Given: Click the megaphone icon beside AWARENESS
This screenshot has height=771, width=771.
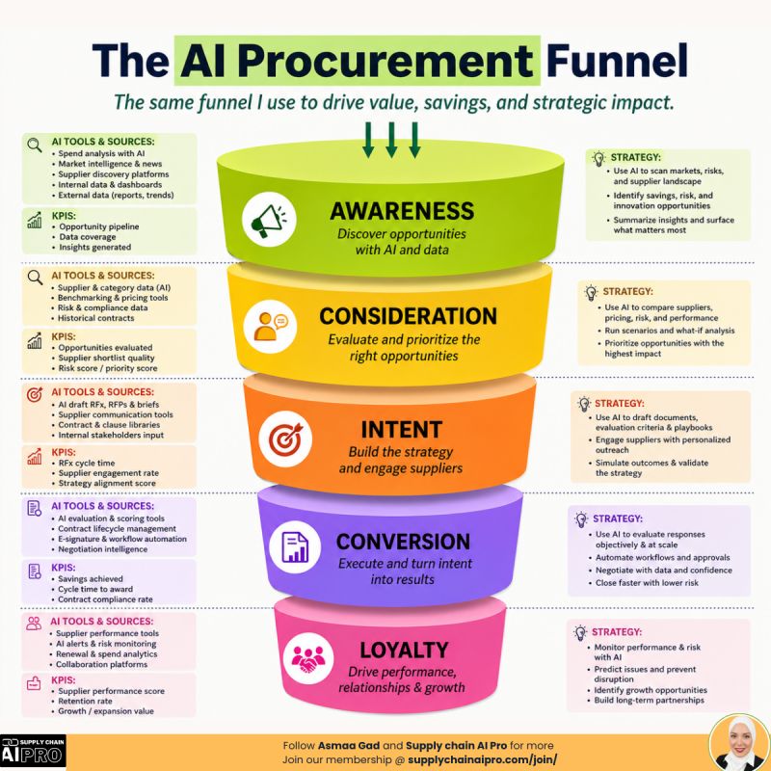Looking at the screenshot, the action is coord(269,220).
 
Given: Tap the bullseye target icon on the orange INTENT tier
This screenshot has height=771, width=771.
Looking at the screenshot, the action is coord(285,439).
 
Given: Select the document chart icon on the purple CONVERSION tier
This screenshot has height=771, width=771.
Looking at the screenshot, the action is coord(295,546).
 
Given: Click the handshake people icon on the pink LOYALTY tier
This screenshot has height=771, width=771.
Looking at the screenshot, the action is coord(308,659).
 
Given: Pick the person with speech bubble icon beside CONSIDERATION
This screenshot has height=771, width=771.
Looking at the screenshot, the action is coord(271,326).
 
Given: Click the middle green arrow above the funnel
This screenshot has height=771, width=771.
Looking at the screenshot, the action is coord(391,140).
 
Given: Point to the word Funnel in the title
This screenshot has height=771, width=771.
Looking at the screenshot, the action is coord(617,61).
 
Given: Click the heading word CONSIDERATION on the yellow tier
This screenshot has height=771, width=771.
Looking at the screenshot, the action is coord(408,316).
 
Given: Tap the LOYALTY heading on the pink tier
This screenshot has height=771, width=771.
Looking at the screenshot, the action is coord(404,650).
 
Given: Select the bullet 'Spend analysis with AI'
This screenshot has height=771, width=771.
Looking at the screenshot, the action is coord(101,153).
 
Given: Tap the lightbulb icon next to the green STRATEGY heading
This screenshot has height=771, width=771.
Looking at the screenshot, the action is coord(598,158).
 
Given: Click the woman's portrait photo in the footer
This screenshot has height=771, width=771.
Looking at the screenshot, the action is coord(739,743).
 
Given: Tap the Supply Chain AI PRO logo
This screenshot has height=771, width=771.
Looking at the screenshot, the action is coord(33,752).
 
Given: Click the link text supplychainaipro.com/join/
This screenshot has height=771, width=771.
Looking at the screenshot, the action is coord(483,759).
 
